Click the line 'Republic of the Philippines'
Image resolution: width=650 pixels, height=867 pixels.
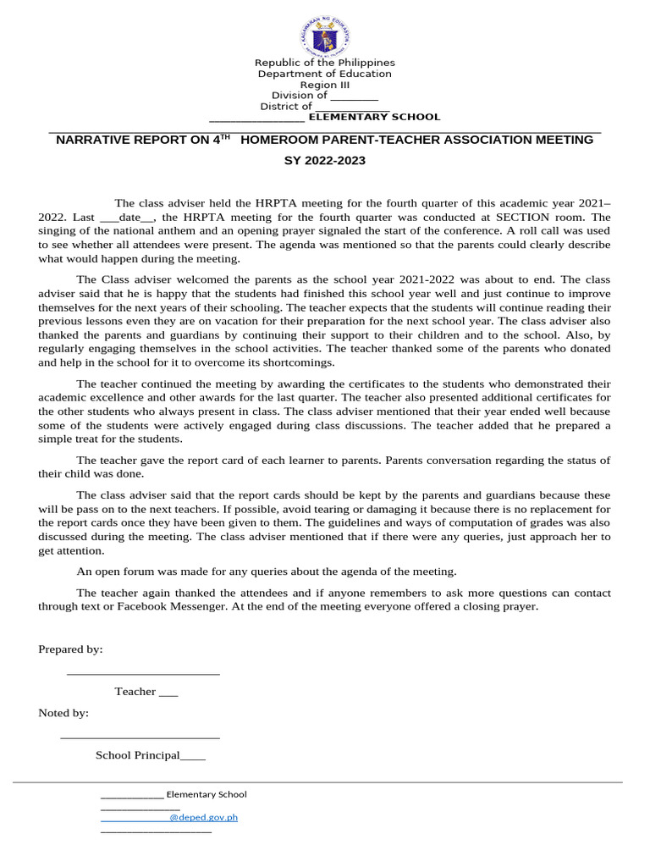(x=325, y=63)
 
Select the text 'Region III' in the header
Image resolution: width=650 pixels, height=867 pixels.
(x=325, y=85)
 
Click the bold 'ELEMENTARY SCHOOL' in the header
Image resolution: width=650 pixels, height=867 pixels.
(x=374, y=117)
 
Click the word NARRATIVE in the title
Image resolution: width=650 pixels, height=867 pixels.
(x=96, y=140)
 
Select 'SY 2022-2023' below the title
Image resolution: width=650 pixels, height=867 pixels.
(x=325, y=160)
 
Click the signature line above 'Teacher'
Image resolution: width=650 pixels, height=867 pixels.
(x=143, y=673)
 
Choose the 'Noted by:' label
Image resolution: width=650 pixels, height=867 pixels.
(x=63, y=714)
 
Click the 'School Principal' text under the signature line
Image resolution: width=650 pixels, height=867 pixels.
(x=137, y=755)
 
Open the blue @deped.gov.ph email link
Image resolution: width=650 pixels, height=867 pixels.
(x=203, y=818)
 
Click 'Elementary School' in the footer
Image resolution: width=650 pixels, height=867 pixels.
(x=207, y=794)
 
